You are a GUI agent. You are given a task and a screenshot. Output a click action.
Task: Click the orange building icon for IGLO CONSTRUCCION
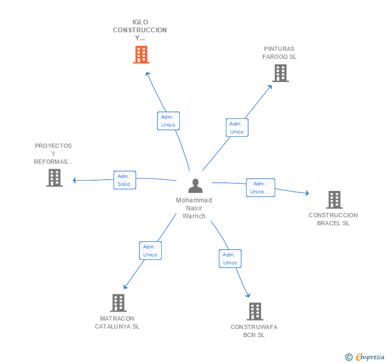click(x=141, y=55)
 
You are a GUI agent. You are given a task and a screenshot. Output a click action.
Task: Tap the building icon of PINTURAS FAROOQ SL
click(x=280, y=73)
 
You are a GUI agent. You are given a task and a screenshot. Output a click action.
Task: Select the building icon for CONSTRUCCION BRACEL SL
click(x=334, y=200)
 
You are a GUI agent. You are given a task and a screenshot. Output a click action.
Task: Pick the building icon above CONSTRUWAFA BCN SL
click(x=255, y=311)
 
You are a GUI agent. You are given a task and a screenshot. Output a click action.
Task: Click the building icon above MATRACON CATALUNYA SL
click(x=118, y=303)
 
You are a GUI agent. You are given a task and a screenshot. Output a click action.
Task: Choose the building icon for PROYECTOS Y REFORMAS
click(x=55, y=178)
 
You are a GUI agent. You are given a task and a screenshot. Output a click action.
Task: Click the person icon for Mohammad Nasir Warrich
click(x=196, y=186)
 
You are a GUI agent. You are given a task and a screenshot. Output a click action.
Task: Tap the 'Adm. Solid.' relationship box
click(x=125, y=180)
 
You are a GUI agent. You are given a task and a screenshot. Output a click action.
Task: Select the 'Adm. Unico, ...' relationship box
click(x=260, y=188)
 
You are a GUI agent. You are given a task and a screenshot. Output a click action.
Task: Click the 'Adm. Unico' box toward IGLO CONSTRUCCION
click(x=169, y=121)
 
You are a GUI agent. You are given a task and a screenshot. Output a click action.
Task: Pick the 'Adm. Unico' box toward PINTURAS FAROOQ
click(x=237, y=128)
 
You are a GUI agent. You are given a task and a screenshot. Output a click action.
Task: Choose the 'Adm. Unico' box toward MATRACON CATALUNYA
click(x=151, y=251)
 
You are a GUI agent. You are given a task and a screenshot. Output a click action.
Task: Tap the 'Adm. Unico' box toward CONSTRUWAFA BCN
click(x=230, y=259)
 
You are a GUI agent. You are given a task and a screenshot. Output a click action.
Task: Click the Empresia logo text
click(x=370, y=357)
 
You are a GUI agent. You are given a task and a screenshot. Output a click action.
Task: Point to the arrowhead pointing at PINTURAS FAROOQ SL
click(x=270, y=87)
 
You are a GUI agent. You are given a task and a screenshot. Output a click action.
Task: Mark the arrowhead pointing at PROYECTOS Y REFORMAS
click(x=74, y=180)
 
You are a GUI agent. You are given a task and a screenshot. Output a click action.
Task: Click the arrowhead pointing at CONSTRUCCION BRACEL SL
click(x=307, y=193)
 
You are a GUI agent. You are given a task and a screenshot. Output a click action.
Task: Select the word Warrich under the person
click(x=194, y=216)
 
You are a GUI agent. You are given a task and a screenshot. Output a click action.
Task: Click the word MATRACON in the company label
click(x=117, y=318)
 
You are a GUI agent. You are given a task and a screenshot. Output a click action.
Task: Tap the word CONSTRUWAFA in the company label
click(x=254, y=327)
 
